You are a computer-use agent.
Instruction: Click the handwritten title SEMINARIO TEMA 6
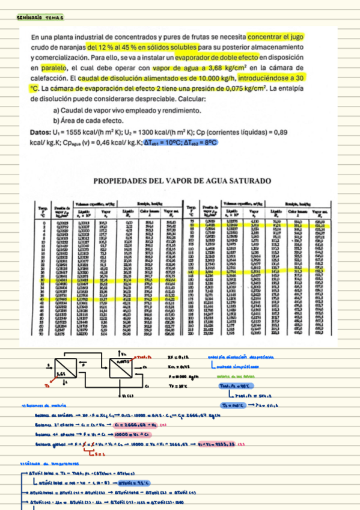pyautogui.click(x=37, y=19)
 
